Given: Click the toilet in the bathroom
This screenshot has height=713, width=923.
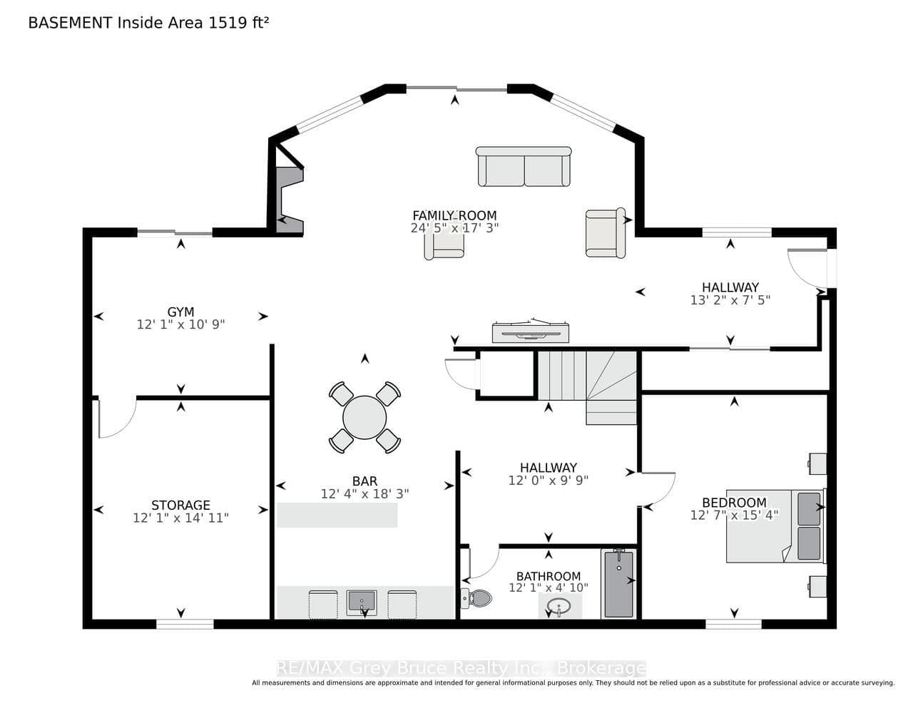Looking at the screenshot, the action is tap(476, 598).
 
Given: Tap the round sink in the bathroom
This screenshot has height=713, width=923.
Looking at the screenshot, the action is tap(559, 607).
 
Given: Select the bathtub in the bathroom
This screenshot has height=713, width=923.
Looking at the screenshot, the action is tap(618, 584).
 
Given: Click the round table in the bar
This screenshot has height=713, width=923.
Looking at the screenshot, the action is tap(364, 417).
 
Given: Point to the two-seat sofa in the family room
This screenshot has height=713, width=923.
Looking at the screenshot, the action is tap(524, 166).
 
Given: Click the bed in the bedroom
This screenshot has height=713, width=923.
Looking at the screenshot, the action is tap(775, 526).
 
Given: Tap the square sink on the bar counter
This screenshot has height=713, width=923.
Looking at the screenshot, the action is tap(362, 602).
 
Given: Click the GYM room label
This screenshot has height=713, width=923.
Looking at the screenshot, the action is tap(181, 312).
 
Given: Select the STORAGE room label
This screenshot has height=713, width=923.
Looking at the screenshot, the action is tap(181, 505).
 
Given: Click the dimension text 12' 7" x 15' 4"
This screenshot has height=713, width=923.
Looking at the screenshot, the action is tap(734, 515).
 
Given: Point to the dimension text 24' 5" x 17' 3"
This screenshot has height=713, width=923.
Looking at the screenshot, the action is tap(454, 228).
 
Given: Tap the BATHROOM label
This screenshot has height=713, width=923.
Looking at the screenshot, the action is tap(549, 576).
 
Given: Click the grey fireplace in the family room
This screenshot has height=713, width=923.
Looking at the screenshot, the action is tap(290, 200).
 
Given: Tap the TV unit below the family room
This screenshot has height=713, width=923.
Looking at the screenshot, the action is tap(531, 331).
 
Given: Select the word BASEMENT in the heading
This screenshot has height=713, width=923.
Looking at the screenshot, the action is tap(70, 23).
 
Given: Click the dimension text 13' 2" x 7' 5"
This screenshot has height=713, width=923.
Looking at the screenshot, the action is tap(730, 300).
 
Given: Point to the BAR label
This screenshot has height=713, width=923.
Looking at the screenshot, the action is tap(365, 481).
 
